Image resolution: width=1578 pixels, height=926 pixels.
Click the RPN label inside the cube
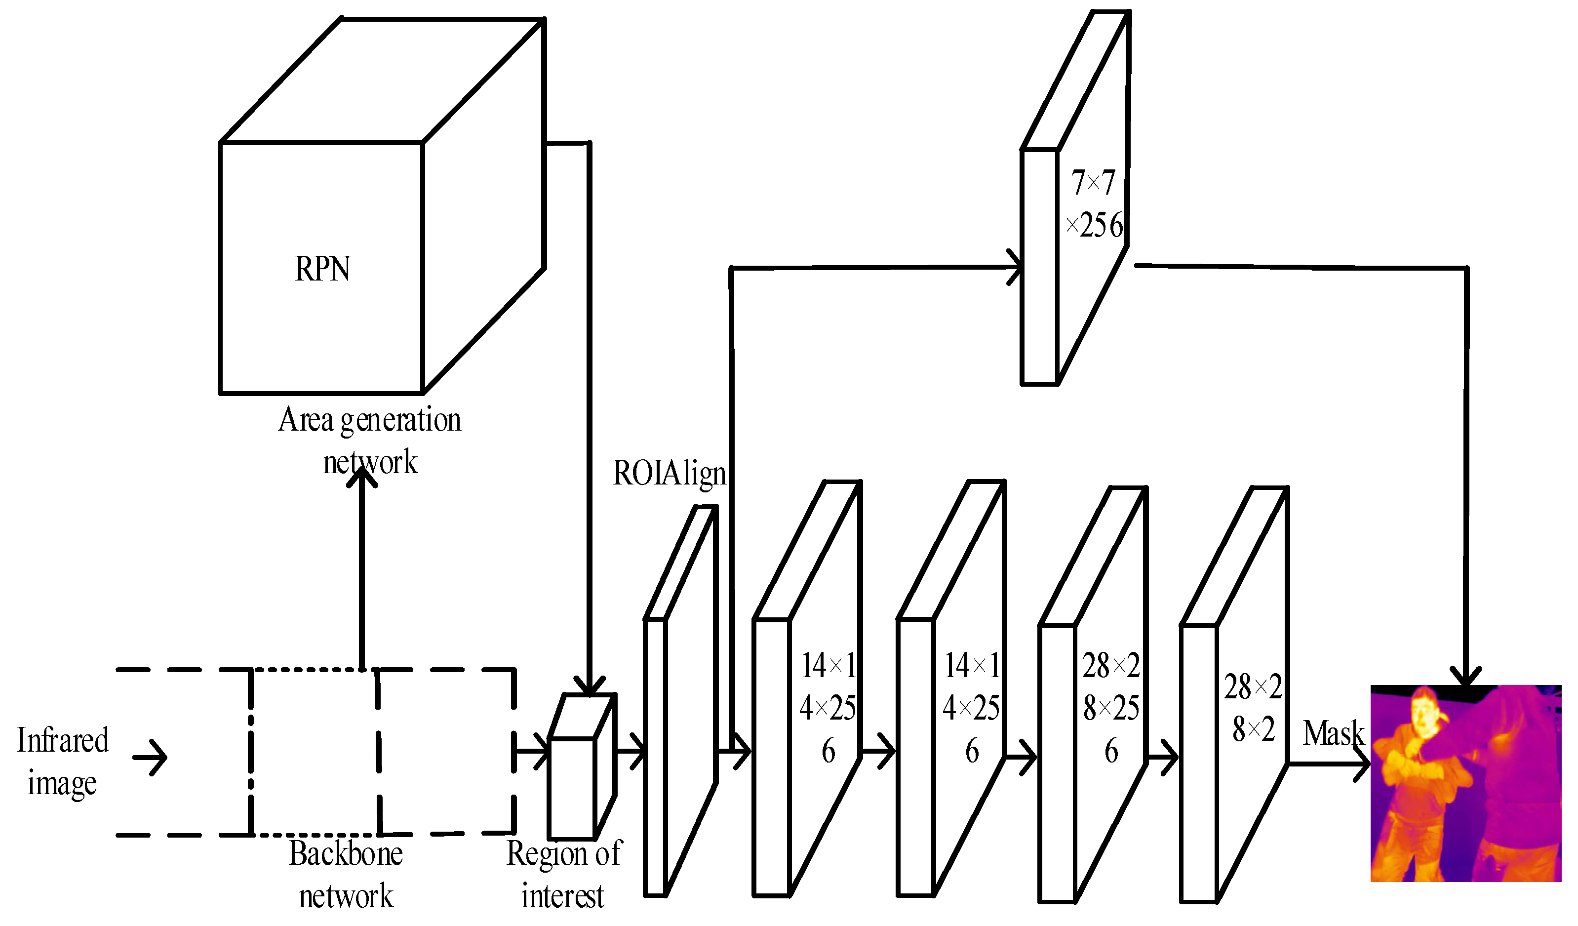click(x=322, y=270)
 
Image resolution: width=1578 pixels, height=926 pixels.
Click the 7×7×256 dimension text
click(x=1093, y=203)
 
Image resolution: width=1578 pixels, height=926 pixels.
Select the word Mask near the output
click(x=1333, y=733)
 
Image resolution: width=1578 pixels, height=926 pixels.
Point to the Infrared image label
click(x=62, y=761)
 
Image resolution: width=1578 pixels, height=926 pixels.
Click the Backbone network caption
click(x=346, y=875)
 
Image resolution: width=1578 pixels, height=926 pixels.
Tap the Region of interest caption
click(x=563, y=875)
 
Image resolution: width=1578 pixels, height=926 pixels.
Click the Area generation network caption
click(x=369, y=441)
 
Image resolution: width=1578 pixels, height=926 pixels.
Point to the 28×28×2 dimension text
click(x=1253, y=708)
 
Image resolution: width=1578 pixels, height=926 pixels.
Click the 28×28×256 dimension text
click(x=1111, y=708)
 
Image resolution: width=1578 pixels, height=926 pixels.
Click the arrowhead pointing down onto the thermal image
click(x=1466, y=677)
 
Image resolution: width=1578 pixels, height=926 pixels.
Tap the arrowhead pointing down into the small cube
click(x=589, y=686)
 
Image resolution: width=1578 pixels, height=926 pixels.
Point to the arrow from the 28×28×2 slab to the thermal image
click(x=1328, y=765)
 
